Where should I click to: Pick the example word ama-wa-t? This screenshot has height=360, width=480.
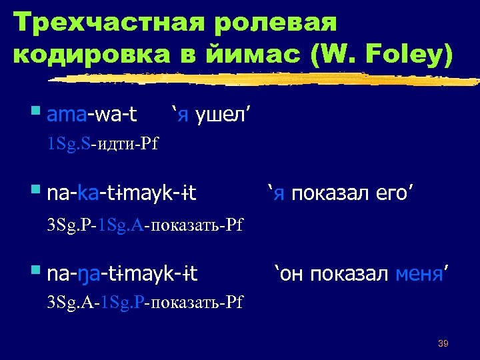click(93, 115)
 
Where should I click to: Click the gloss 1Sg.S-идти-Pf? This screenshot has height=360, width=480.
click(103, 144)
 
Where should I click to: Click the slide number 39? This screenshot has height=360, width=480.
click(443, 344)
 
